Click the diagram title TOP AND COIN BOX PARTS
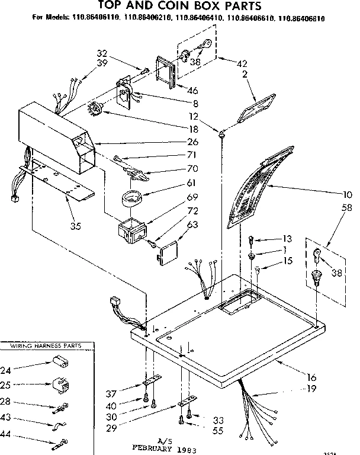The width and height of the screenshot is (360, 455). pos(179,7)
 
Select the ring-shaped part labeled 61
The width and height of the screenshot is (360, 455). pos(132,197)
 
